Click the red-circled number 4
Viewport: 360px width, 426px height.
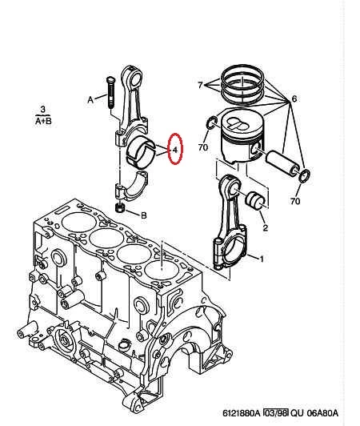point(175,150)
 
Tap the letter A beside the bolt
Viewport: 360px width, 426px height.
point(90,100)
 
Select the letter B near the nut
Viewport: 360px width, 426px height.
point(144,215)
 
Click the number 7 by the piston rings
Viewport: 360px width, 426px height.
point(200,86)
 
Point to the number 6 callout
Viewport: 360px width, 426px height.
point(294,98)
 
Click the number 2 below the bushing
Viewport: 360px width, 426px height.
point(266,227)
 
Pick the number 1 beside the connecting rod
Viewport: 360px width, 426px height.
point(262,259)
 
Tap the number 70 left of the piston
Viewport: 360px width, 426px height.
point(203,147)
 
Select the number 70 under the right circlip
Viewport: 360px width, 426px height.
point(295,201)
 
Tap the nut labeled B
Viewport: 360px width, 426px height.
point(119,208)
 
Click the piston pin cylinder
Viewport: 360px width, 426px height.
point(282,163)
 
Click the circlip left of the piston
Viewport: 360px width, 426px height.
point(212,123)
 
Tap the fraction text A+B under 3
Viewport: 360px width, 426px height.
point(43,121)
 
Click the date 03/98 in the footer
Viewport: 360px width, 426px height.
point(275,413)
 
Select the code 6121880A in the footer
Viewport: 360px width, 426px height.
point(242,413)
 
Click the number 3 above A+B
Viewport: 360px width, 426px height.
point(43,110)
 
